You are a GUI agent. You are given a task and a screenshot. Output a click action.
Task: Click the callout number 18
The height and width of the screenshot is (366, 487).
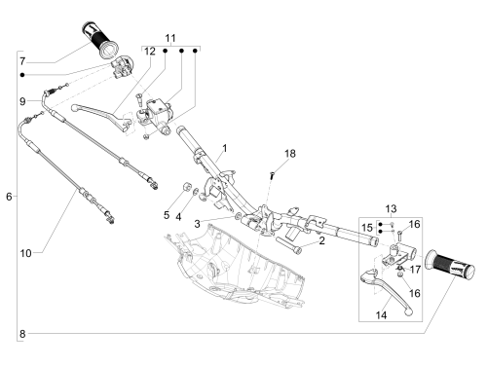(290, 154)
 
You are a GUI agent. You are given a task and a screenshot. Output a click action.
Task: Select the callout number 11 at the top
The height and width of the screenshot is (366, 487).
(170, 38)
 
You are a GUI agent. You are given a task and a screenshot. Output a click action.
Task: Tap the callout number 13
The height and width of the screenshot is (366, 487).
(391, 208)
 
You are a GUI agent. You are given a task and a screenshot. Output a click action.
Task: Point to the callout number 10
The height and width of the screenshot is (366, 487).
(25, 253)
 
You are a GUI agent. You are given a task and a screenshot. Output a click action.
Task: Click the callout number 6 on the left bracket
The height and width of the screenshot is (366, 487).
(9, 197)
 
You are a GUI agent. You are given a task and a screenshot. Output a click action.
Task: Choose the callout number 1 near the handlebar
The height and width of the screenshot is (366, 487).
(225, 149)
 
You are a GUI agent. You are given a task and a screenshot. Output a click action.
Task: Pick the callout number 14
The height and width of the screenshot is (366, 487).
(381, 315)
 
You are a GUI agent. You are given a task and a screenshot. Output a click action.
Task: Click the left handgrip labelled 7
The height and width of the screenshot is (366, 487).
(99, 40)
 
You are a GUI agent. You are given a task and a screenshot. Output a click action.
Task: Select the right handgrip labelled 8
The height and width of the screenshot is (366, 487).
(450, 264)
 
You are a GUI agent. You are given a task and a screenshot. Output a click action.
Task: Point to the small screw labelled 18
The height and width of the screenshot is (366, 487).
(272, 175)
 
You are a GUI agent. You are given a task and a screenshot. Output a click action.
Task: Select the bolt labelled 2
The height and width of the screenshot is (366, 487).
(288, 245)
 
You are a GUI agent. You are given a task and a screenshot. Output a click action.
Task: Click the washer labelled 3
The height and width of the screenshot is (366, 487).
(238, 215)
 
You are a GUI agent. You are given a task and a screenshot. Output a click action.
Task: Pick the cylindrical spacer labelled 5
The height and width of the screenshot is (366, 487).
(186, 186)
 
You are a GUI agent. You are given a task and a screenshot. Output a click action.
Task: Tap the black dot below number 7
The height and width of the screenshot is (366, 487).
(22, 75)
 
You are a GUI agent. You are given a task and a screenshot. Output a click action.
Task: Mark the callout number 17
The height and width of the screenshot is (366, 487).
(415, 270)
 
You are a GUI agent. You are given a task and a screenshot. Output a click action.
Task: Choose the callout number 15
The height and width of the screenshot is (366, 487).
(367, 228)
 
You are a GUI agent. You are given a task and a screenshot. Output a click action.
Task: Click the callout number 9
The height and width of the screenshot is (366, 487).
(22, 101)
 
